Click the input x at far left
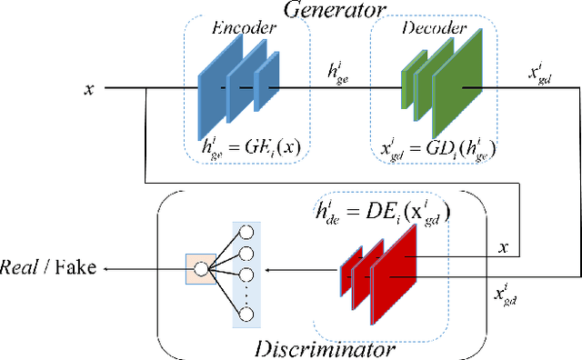[87, 88]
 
